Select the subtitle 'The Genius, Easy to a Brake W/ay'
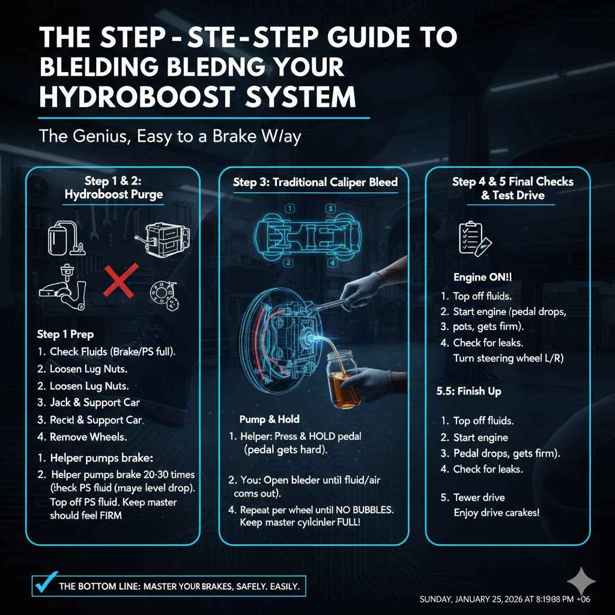click(169, 136)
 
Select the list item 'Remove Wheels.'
click(88, 437)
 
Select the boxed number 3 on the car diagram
click(330, 208)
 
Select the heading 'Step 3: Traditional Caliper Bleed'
click(315, 182)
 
